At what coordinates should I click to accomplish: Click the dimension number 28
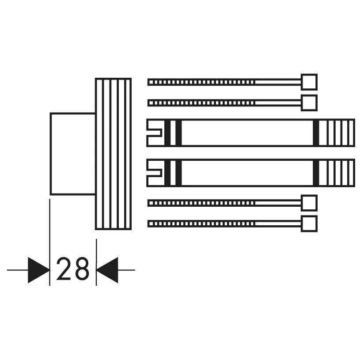(x=72, y=269)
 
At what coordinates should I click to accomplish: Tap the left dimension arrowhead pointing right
(x=38, y=270)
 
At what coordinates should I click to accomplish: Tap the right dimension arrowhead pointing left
(x=107, y=270)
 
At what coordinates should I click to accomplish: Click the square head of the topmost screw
(x=309, y=82)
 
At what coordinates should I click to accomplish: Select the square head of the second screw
(x=309, y=103)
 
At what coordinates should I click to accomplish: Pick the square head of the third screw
(x=309, y=203)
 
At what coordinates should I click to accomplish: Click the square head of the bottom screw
(x=309, y=224)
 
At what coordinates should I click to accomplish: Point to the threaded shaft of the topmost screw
(x=201, y=82)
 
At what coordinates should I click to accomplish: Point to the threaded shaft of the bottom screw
(x=201, y=224)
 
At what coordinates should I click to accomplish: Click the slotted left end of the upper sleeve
(x=155, y=133)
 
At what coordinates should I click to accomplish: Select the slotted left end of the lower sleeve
(x=155, y=173)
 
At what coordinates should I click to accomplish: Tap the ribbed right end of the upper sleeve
(x=337, y=133)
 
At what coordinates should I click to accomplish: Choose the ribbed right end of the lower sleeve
(x=337, y=173)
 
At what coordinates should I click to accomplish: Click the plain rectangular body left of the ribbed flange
(x=73, y=154)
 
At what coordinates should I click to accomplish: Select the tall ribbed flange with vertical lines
(x=114, y=154)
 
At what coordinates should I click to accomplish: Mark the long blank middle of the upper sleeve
(x=247, y=133)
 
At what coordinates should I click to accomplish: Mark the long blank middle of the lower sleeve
(x=247, y=173)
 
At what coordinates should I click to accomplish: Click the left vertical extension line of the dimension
(x=49, y=242)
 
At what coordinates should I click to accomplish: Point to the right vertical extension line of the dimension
(x=96, y=262)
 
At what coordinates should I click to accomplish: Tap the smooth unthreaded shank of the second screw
(x=278, y=103)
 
